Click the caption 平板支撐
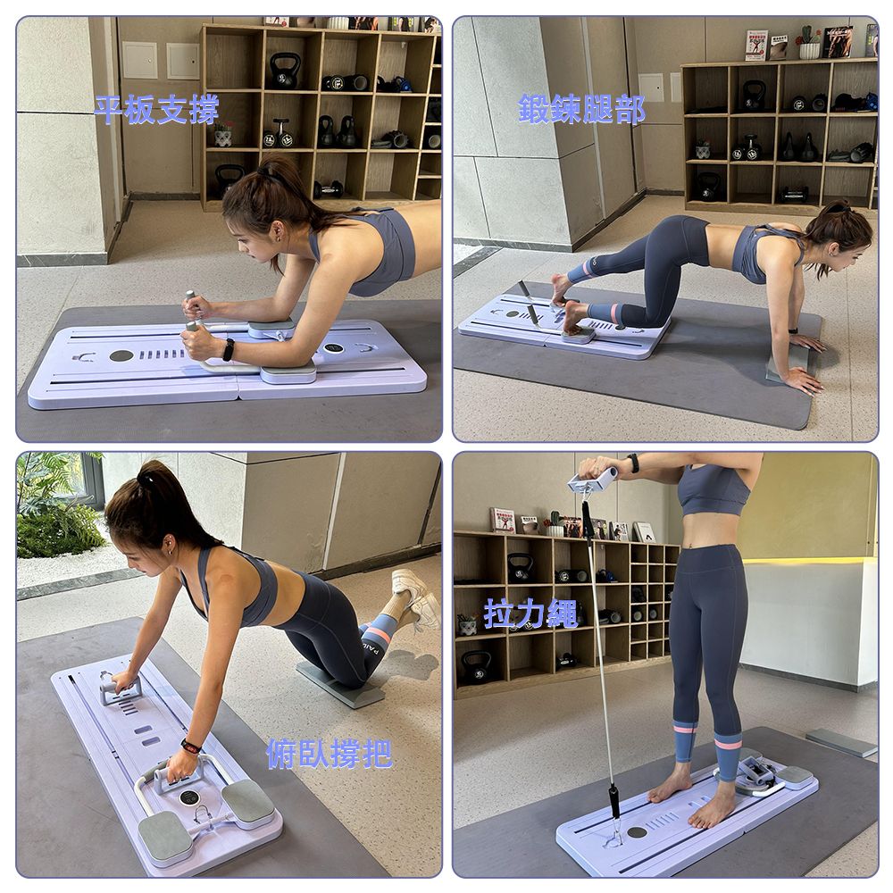click(x=156, y=109)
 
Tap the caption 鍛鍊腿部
click(x=581, y=109)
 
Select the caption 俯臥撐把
click(x=330, y=754)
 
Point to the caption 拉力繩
click(x=530, y=613)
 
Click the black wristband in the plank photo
click(x=229, y=350)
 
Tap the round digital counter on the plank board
click(x=333, y=347)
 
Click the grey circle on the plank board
click(x=121, y=356)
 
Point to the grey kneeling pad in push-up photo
click(x=340, y=684)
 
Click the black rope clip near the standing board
click(x=614, y=799)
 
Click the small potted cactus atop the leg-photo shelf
click(x=809, y=43)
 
